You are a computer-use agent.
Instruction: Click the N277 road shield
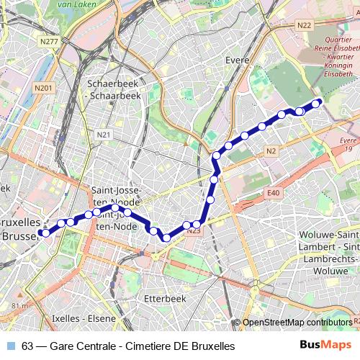point(49,41)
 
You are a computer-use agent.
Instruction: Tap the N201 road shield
point(43,87)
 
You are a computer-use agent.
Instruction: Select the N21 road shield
point(105,135)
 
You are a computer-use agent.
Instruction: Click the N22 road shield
point(304,25)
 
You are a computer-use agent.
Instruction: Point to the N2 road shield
point(271,150)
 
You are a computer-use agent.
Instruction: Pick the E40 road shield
point(273,193)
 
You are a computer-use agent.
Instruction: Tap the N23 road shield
point(193,231)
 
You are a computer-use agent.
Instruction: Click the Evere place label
point(237,60)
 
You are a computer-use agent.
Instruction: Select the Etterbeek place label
point(165,297)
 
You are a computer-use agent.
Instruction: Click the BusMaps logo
point(325,346)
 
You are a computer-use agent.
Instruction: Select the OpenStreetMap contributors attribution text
point(297,323)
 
